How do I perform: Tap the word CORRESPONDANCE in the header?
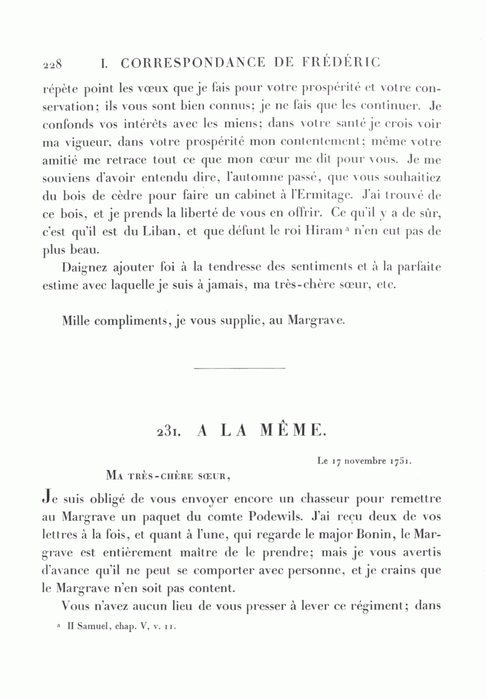193,63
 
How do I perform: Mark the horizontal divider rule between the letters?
239,368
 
